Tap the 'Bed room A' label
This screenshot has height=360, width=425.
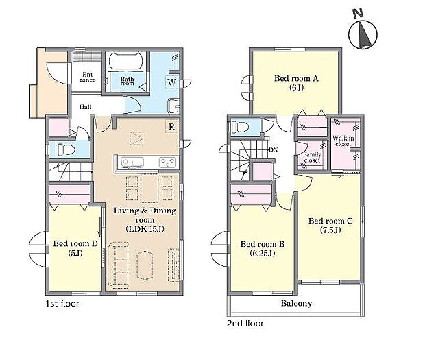296,79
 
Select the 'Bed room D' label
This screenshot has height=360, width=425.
75,243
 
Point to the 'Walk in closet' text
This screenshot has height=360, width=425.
343,141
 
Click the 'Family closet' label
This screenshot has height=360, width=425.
312,157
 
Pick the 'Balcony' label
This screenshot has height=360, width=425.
296,303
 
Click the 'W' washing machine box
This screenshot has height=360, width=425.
172,82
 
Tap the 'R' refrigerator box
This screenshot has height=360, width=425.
172,126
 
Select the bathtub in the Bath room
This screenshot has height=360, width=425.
125,61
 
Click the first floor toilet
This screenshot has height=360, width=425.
66,149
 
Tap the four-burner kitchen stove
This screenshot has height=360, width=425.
167,163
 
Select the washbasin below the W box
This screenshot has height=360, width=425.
173,106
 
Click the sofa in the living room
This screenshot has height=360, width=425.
118,264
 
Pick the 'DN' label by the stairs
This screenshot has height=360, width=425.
274,149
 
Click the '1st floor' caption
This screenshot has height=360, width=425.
62,304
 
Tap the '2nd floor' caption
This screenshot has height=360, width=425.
245,324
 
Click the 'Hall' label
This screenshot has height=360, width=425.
86,107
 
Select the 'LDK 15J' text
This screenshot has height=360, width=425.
145,229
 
